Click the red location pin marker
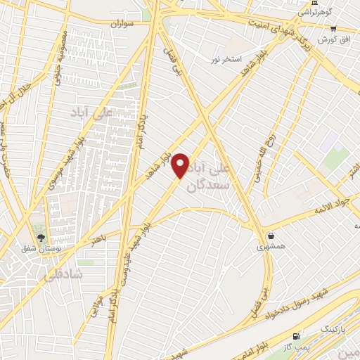tap(181, 165)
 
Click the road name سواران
tap(120, 24)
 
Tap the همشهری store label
tap(271, 247)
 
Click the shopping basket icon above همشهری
tap(271, 236)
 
